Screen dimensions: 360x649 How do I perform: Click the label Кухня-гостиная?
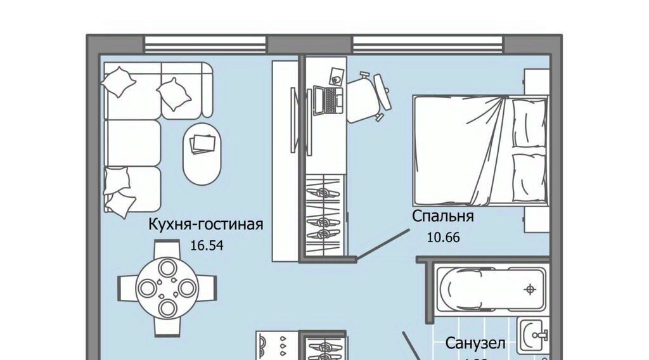click(205, 224)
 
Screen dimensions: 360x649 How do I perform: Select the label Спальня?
click(443, 216)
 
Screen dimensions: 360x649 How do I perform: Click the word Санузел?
click(475, 344)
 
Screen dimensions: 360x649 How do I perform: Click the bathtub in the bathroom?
click(491, 289)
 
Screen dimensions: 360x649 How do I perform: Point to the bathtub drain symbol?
click(529, 290)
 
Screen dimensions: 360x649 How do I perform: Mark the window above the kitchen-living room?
click(205, 44)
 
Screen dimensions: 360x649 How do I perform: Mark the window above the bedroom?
click(428, 44)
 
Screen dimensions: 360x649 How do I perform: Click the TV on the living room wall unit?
click(292, 120)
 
